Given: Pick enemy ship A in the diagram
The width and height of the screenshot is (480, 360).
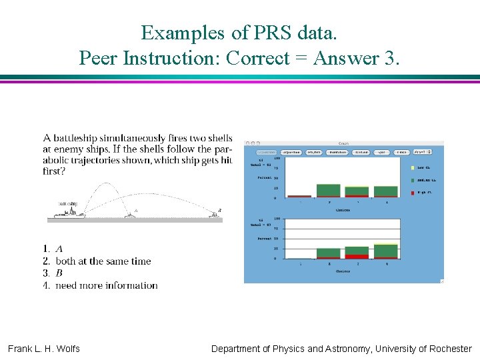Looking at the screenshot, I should pos(130,214).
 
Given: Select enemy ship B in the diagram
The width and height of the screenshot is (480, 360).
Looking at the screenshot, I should pos(215,213).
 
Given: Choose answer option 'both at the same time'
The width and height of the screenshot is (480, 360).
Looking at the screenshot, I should pos(103,261).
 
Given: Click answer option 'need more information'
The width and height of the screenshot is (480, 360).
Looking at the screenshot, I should pos(107,285).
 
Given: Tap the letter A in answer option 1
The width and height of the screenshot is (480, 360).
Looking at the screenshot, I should pos(59,249).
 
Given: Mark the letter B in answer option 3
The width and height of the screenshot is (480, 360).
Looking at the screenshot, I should pos(59,273).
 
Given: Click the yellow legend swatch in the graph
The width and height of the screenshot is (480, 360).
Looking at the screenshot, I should pos(413,167).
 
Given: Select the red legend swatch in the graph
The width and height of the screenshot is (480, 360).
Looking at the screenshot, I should pos(413,192).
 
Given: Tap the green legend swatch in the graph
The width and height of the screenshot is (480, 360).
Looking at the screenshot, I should pos(413,180).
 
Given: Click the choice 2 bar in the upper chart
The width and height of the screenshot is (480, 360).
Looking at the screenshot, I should pos(328,191).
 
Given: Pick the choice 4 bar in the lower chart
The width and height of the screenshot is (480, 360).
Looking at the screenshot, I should pos(385,251).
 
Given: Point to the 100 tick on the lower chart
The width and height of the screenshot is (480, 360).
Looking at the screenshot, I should pos(276,219).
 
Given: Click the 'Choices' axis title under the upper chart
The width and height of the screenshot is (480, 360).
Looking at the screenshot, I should pos(342,209).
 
